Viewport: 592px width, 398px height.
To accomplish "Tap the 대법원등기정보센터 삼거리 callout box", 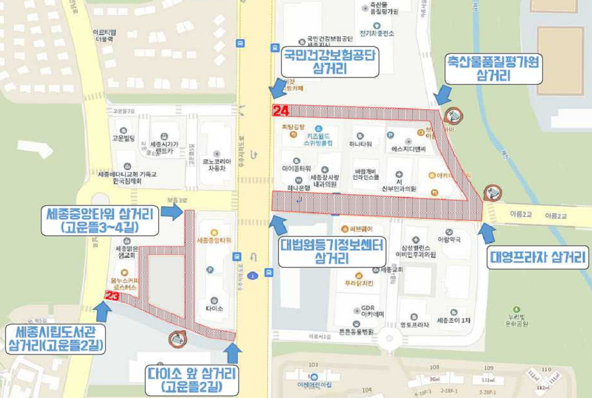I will (x=331, y=251).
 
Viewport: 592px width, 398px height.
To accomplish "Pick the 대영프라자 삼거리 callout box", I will (x=538, y=257).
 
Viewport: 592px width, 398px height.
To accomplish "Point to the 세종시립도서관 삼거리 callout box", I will (x=56, y=340).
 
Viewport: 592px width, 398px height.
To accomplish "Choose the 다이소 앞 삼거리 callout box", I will (x=192, y=379).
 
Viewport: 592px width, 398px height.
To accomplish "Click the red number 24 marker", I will (x=281, y=110).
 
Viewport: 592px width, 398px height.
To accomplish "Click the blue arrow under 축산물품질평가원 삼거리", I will (x=444, y=94).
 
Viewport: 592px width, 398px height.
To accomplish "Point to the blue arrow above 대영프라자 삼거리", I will (x=487, y=233).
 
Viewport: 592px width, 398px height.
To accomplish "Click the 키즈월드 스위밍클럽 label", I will (x=318, y=139).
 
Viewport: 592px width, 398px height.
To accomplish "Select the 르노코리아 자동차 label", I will (x=217, y=163).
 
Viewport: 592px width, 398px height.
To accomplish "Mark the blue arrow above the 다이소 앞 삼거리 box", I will (x=233, y=352).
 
